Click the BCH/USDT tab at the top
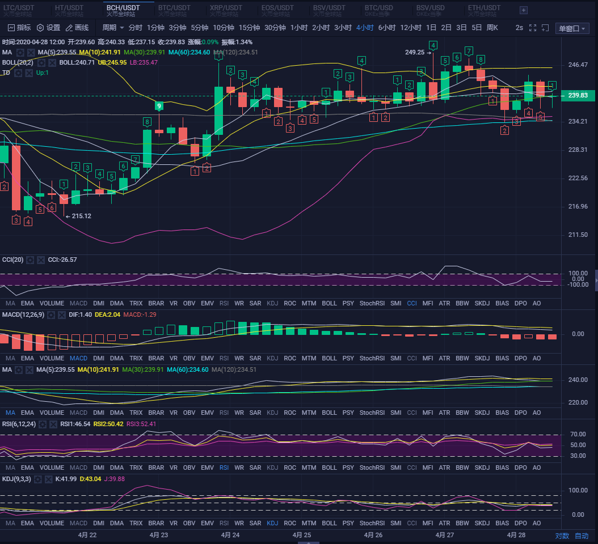point(123,8)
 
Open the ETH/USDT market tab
point(484,8)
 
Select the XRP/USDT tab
point(225,8)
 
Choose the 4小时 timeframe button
point(365,28)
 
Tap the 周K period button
point(492,28)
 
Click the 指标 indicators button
point(19,28)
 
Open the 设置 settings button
point(49,28)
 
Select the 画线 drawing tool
point(77,28)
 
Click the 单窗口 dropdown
point(572,28)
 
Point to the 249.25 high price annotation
point(415,52)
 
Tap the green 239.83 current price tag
point(578,96)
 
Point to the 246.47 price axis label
point(578,65)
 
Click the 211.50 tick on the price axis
point(578,235)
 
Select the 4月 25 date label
point(302,535)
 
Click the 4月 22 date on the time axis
point(87,535)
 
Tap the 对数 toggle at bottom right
point(562,535)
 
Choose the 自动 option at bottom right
point(582,535)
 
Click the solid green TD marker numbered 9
point(159,106)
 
